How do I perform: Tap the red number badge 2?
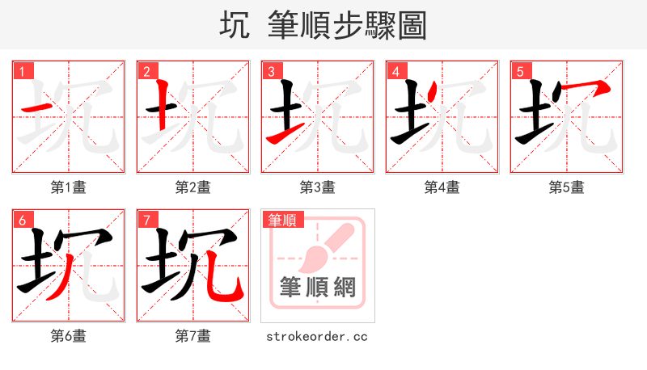147,71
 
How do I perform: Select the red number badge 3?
272,71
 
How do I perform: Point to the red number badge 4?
396,71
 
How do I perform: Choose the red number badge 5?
521,71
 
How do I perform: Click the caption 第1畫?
69,187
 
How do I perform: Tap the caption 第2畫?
193,187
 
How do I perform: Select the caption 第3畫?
318,187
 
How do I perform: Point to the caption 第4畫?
442,187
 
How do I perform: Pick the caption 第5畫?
567,187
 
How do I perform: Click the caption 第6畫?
69,336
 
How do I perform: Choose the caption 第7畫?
193,336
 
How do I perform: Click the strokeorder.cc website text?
317,336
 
